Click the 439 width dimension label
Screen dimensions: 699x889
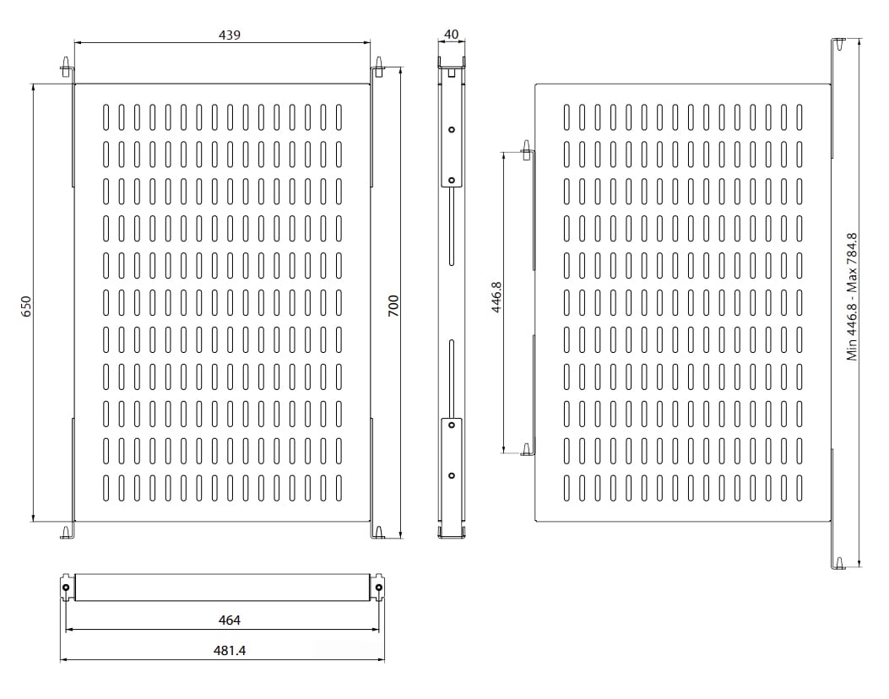[x=229, y=35]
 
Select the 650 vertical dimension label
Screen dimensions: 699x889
[x=26, y=305]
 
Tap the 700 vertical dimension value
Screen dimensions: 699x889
[x=393, y=305]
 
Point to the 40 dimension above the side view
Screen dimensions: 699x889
[x=451, y=35]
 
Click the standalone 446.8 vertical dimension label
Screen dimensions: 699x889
[x=496, y=298]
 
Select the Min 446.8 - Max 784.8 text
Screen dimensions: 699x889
[x=853, y=296]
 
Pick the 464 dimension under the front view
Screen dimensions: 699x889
[x=229, y=620]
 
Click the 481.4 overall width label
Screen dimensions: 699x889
[x=229, y=650]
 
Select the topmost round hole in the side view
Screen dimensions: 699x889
[x=452, y=129]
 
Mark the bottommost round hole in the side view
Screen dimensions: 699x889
[x=452, y=475]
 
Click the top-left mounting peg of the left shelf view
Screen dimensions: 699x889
[x=65, y=66]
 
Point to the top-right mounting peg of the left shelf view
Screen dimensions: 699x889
[x=380, y=65]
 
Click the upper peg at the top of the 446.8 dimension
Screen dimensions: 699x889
[x=527, y=154]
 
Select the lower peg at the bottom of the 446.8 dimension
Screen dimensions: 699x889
[x=527, y=449]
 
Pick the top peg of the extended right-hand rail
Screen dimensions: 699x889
[x=839, y=45]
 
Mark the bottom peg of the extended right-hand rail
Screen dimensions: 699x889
[x=839, y=562]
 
